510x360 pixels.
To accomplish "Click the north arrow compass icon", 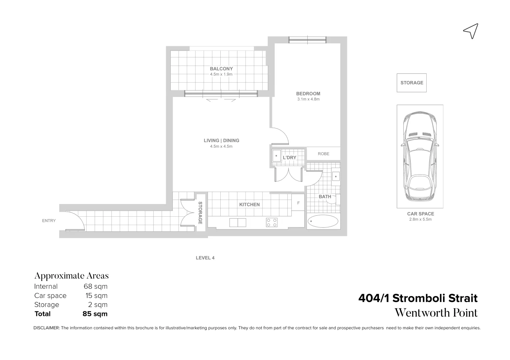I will (x=471, y=31).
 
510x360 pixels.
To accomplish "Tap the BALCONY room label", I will (x=221, y=69).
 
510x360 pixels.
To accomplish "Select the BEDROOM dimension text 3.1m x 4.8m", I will (x=308, y=99).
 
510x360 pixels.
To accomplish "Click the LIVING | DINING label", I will (x=221, y=141).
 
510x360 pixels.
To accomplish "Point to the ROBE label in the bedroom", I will (x=323, y=154).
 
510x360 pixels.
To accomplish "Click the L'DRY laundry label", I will (x=289, y=158).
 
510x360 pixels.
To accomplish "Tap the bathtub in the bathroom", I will (x=323, y=221).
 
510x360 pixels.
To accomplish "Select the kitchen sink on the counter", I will (x=238, y=222).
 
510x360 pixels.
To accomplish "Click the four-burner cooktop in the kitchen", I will (x=272, y=222).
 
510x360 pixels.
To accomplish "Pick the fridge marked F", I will (x=298, y=203).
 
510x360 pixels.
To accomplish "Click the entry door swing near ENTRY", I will (x=75, y=221).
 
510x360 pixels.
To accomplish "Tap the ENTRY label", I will (x=49, y=221).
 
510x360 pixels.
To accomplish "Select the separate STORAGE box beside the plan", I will (x=411, y=83).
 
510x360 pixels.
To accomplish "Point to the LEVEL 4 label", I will (x=205, y=258).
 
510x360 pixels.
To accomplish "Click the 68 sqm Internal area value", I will (x=95, y=286).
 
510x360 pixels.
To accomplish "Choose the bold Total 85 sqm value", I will (x=95, y=314).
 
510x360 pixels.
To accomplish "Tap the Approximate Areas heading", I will (x=71, y=276).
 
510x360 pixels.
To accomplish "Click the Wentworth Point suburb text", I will (x=436, y=313).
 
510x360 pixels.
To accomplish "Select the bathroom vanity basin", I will (x=336, y=176).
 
